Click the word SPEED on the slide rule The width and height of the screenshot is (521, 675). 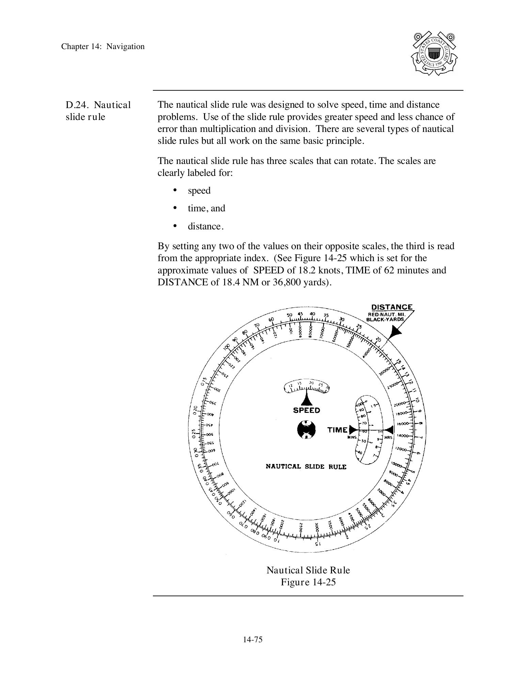click(x=306, y=410)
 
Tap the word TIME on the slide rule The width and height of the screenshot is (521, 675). click(x=337, y=430)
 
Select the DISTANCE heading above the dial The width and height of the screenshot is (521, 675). click(x=392, y=307)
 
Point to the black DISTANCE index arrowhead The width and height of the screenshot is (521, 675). click(x=395, y=332)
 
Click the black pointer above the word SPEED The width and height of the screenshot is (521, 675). click(x=307, y=398)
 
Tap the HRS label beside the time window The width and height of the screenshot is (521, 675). click(x=388, y=437)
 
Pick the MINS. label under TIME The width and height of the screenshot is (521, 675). click(x=352, y=437)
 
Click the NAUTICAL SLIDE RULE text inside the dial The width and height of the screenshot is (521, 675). click(x=306, y=466)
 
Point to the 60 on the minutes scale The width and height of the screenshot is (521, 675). click(x=365, y=431)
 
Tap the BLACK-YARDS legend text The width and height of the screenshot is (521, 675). click(x=385, y=320)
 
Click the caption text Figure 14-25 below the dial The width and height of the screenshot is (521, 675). click(x=308, y=582)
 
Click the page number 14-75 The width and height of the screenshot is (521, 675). click(x=253, y=640)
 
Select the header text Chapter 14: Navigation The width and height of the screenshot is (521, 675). click(x=103, y=47)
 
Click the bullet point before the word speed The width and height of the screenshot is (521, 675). click(x=175, y=190)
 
